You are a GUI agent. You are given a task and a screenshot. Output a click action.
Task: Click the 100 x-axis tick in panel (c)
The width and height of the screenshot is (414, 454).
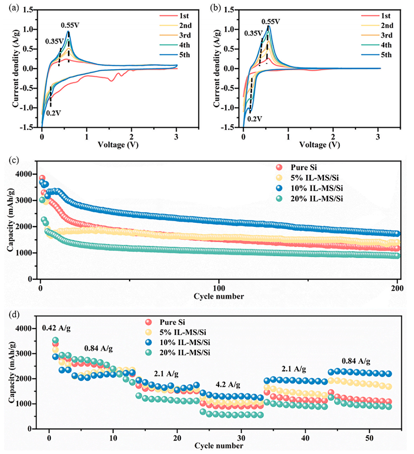point(219,288)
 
